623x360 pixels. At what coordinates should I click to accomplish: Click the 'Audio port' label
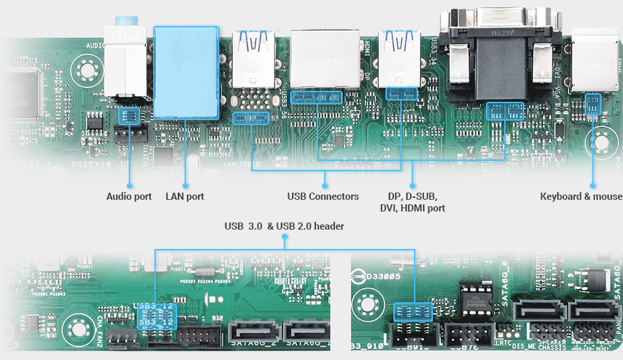[x=128, y=196]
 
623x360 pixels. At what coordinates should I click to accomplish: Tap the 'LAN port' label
[x=184, y=196]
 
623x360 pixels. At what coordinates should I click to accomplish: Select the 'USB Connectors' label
[x=323, y=196]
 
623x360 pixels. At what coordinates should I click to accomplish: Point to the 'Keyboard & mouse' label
[x=581, y=196]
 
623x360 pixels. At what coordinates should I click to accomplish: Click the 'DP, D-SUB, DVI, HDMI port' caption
[x=412, y=202]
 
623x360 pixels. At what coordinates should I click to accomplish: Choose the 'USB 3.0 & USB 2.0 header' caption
[x=284, y=226]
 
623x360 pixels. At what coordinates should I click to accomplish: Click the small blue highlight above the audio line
[x=129, y=116]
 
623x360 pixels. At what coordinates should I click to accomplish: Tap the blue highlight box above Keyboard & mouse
[x=593, y=104]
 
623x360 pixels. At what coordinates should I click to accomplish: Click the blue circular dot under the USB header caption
[x=284, y=238]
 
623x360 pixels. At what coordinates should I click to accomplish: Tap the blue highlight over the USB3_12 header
[x=156, y=318]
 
